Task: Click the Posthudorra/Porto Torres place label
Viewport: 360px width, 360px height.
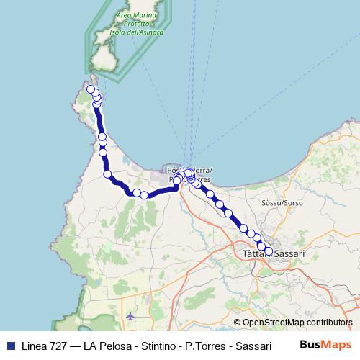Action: click(x=189, y=174)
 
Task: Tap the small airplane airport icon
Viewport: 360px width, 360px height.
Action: click(x=130, y=315)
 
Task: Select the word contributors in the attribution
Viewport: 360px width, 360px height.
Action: click(x=330, y=323)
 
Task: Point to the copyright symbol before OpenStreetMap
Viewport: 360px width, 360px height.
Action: click(x=237, y=323)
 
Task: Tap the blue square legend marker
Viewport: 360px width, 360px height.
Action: click(x=9, y=345)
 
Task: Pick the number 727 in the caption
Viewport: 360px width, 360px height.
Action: click(x=57, y=345)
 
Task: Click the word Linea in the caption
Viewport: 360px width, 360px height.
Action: click(x=32, y=345)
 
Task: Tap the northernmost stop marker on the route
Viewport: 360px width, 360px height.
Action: click(x=91, y=89)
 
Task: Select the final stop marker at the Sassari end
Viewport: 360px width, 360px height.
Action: click(x=269, y=251)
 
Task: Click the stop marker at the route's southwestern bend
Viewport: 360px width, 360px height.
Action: click(x=108, y=174)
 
